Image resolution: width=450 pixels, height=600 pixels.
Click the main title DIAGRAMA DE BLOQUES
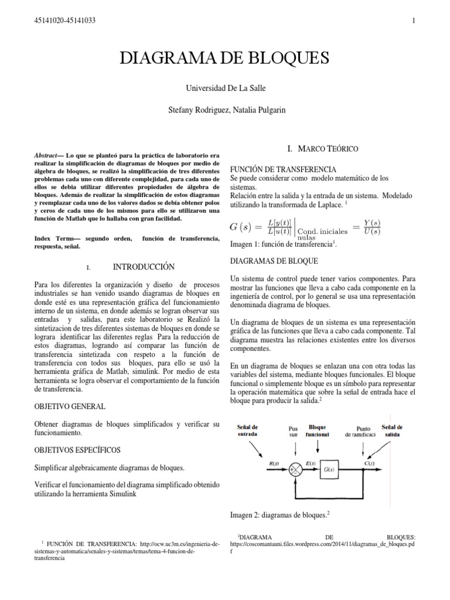pos(224,58)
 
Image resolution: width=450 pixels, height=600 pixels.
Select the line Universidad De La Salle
pos(224,88)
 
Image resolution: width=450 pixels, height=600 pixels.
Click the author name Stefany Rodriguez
pos(196,110)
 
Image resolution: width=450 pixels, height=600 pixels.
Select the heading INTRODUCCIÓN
pos(144,267)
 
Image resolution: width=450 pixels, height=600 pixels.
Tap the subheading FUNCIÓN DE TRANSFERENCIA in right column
pos(283,169)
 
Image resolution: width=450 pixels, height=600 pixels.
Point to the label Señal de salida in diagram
pos(392,430)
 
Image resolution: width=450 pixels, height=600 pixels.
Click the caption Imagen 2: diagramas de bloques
pos(280,516)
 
